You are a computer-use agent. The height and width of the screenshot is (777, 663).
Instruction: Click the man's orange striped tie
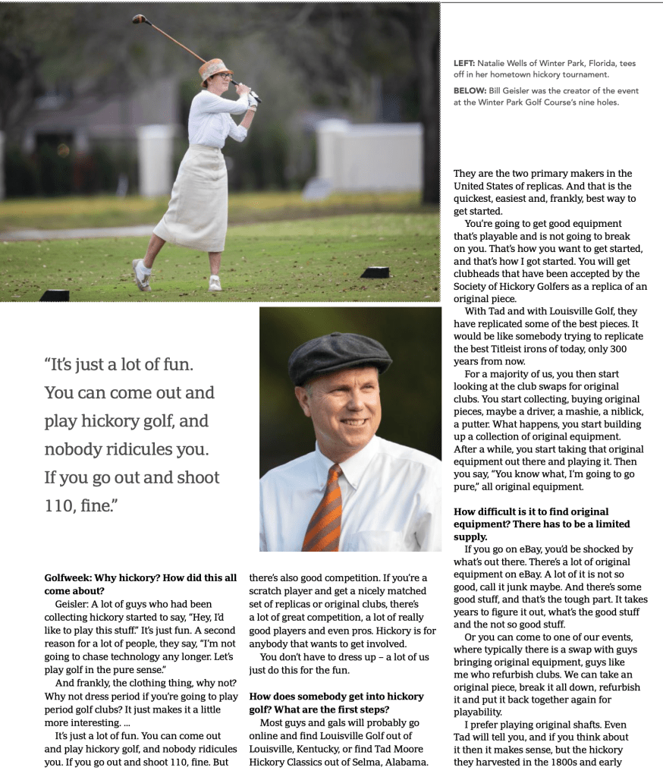click(x=324, y=509)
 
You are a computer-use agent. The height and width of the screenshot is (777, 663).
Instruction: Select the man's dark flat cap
click(x=339, y=355)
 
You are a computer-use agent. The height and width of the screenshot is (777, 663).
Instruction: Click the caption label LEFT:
click(x=463, y=64)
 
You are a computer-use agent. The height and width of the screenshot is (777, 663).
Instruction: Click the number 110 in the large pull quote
click(x=62, y=506)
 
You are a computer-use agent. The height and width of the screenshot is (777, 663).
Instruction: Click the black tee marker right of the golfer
click(x=375, y=272)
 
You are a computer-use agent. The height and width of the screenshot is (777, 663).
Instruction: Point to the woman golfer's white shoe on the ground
click(x=142, y=277)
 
